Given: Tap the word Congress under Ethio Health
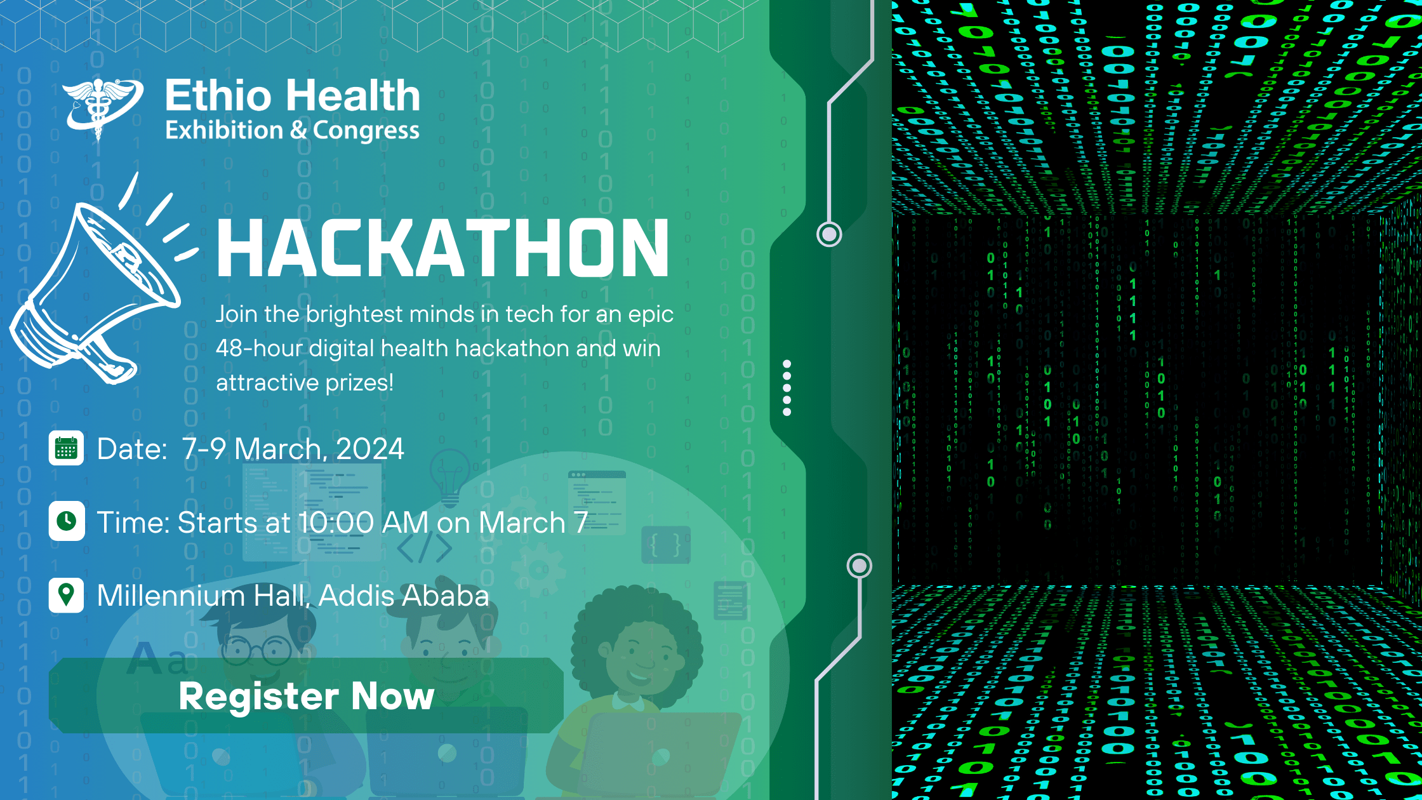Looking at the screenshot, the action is (366, 131).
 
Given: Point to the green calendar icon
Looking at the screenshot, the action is (66, 448).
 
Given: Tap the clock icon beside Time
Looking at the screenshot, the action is (66, 521).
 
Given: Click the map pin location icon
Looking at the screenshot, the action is (66, 595).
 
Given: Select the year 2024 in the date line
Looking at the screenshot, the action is (369, 449).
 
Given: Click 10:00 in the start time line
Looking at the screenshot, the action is (336, 523).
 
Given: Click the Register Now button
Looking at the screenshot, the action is (306, 696).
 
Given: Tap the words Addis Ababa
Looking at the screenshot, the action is (404, 596).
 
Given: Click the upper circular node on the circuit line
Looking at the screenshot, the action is (829, 234).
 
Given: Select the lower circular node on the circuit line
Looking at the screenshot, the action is (860, 565).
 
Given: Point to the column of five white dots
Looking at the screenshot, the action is (787, 388).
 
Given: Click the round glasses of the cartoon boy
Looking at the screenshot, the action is (256, 650).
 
